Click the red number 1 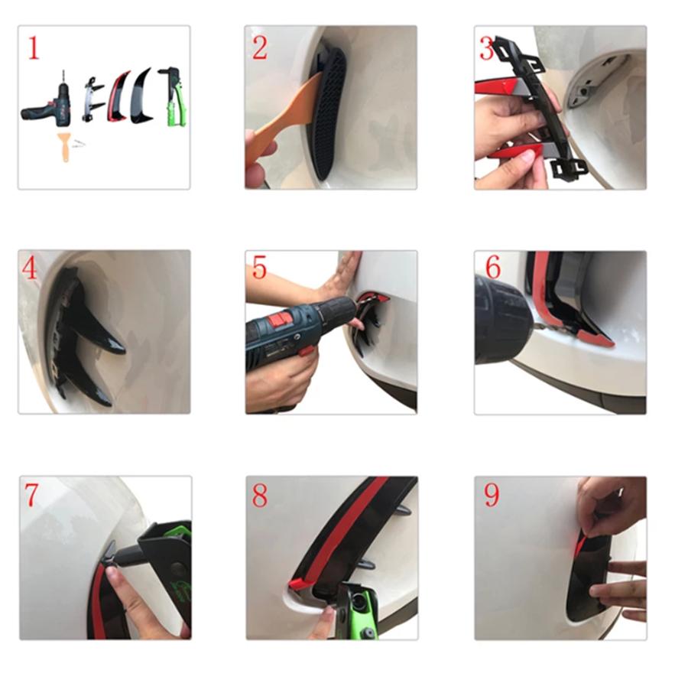(x=34, y=48)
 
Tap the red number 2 (x=260, y=48)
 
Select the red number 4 (x=29, y=268)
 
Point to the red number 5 (x=259, y=268)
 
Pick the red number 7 (x=31, y=495)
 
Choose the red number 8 (x=260, y=495)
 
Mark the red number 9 (x=492, y=495)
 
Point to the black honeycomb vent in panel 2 (x=329, y=112)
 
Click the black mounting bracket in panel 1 (x=93, y=99)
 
